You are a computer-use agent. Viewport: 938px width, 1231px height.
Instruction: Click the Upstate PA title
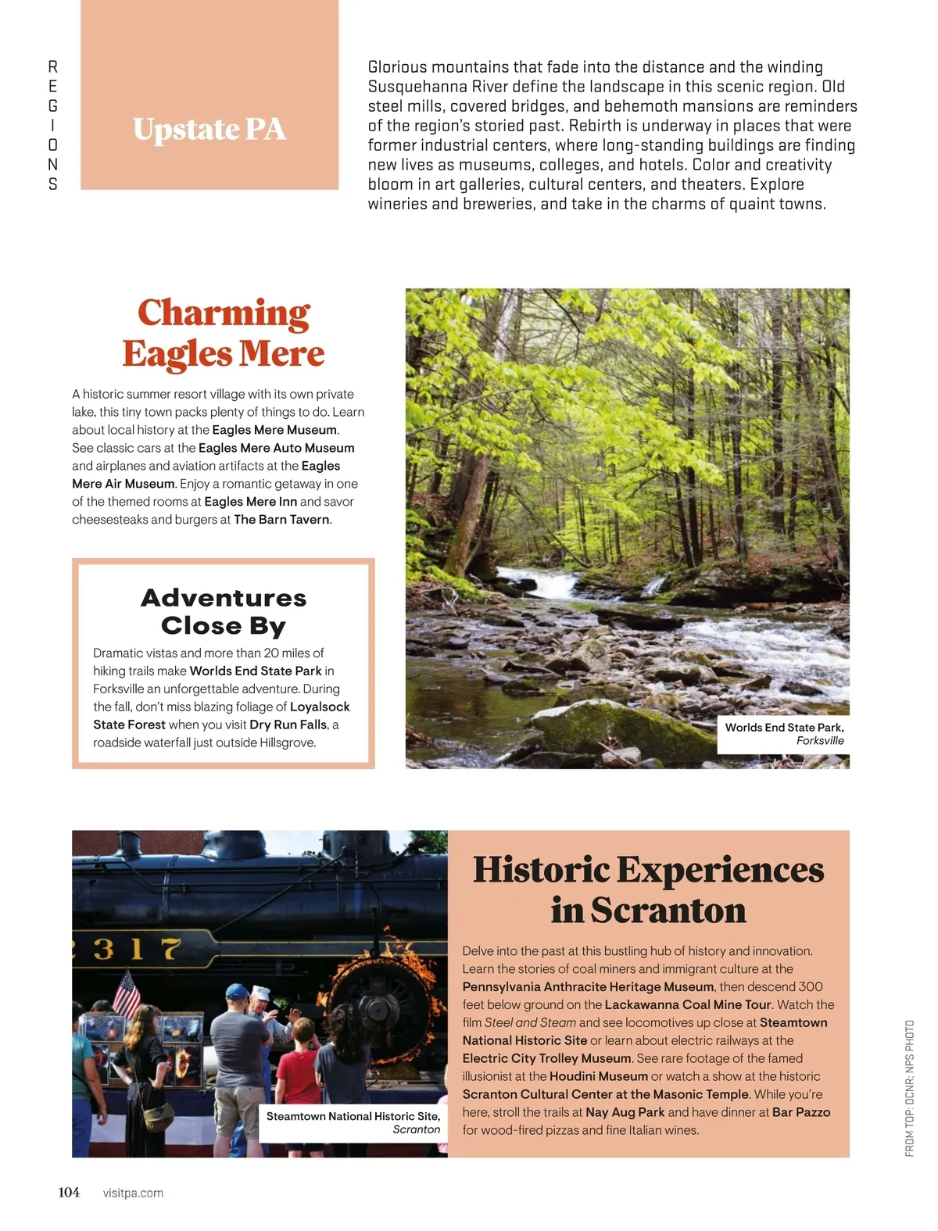click(209, 129)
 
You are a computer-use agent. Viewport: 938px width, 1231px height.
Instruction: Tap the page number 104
click(69, 1192)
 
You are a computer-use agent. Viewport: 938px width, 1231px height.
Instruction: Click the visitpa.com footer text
click(133, 1193)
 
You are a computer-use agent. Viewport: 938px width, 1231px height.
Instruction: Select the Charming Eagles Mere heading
click(224, 332)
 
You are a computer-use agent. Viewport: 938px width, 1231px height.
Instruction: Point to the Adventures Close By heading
click(224, 611)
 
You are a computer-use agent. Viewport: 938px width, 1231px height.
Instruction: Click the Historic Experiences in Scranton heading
click(648, 889)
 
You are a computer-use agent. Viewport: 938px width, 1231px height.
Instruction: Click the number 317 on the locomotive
click(138, 949)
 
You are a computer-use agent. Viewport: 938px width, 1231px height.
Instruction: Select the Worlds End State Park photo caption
click(783, 733)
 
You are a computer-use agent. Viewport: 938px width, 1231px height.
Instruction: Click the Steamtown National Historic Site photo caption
click(353, 1122)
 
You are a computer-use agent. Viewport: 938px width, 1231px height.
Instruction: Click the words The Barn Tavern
click(281, 520)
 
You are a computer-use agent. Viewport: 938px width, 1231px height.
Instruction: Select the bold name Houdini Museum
click(599, 1076)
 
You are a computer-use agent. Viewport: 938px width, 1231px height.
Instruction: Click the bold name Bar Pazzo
click(801, 1112)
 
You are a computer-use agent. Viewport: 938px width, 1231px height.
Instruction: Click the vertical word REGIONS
click(53, 125)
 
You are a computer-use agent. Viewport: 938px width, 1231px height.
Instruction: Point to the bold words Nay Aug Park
click(625, 1112)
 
